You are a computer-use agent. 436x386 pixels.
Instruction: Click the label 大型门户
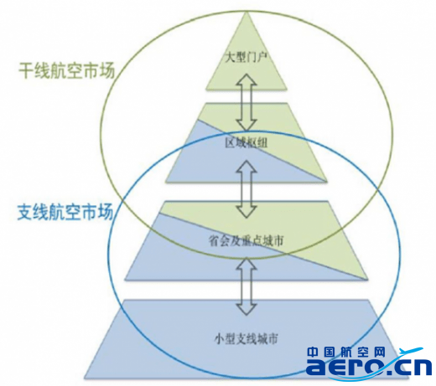pos(247,59)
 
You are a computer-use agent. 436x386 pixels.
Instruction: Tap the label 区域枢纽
pos(247,143)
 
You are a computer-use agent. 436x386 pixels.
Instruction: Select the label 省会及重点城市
pos(247,241)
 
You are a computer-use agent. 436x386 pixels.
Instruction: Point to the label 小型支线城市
pos(247,339)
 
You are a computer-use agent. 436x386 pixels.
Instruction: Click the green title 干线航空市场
pos(67,70)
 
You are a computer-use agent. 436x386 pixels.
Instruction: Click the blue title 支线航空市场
pos(65,212)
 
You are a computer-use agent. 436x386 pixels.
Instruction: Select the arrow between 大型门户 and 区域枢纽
pos(246,102)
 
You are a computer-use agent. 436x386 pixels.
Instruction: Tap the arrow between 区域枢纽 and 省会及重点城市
pos(247,189)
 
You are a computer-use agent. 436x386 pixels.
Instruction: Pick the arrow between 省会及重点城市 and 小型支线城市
pos(247,286)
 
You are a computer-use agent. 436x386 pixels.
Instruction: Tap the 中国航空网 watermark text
pos(346,352)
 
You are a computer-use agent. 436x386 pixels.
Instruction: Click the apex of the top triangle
pos(247,13)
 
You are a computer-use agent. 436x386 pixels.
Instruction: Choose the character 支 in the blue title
pos(25,212)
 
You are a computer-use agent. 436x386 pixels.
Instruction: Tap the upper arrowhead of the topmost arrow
pos(246,80)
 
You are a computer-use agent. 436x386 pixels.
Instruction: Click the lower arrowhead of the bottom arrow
pos(247,309)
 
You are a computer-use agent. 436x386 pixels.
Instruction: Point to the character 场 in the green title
pos(106,70)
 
